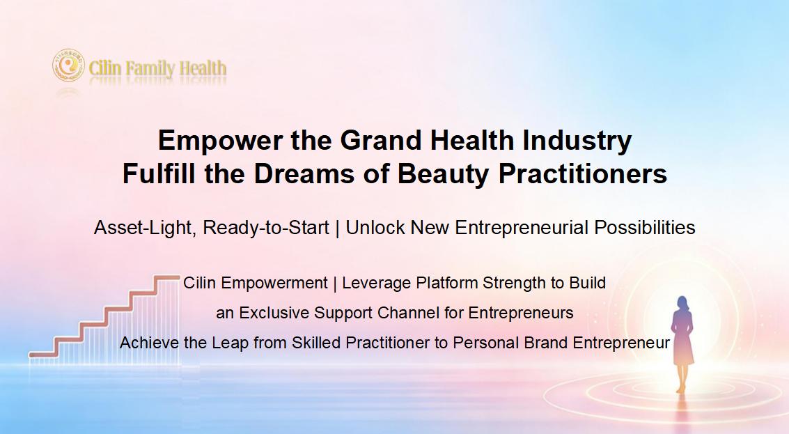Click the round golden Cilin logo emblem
tap(68, 65)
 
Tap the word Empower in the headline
tap(221, 141)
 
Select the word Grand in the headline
tap(381, 140)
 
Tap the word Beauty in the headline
tap(444, 175)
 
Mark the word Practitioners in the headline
tap(583, 173)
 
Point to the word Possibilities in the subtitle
tap(645, 228)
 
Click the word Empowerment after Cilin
tap(274, 284)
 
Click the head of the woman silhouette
tap(682, 304)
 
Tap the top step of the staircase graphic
tap(166, 277)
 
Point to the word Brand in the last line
tap(546, 343)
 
